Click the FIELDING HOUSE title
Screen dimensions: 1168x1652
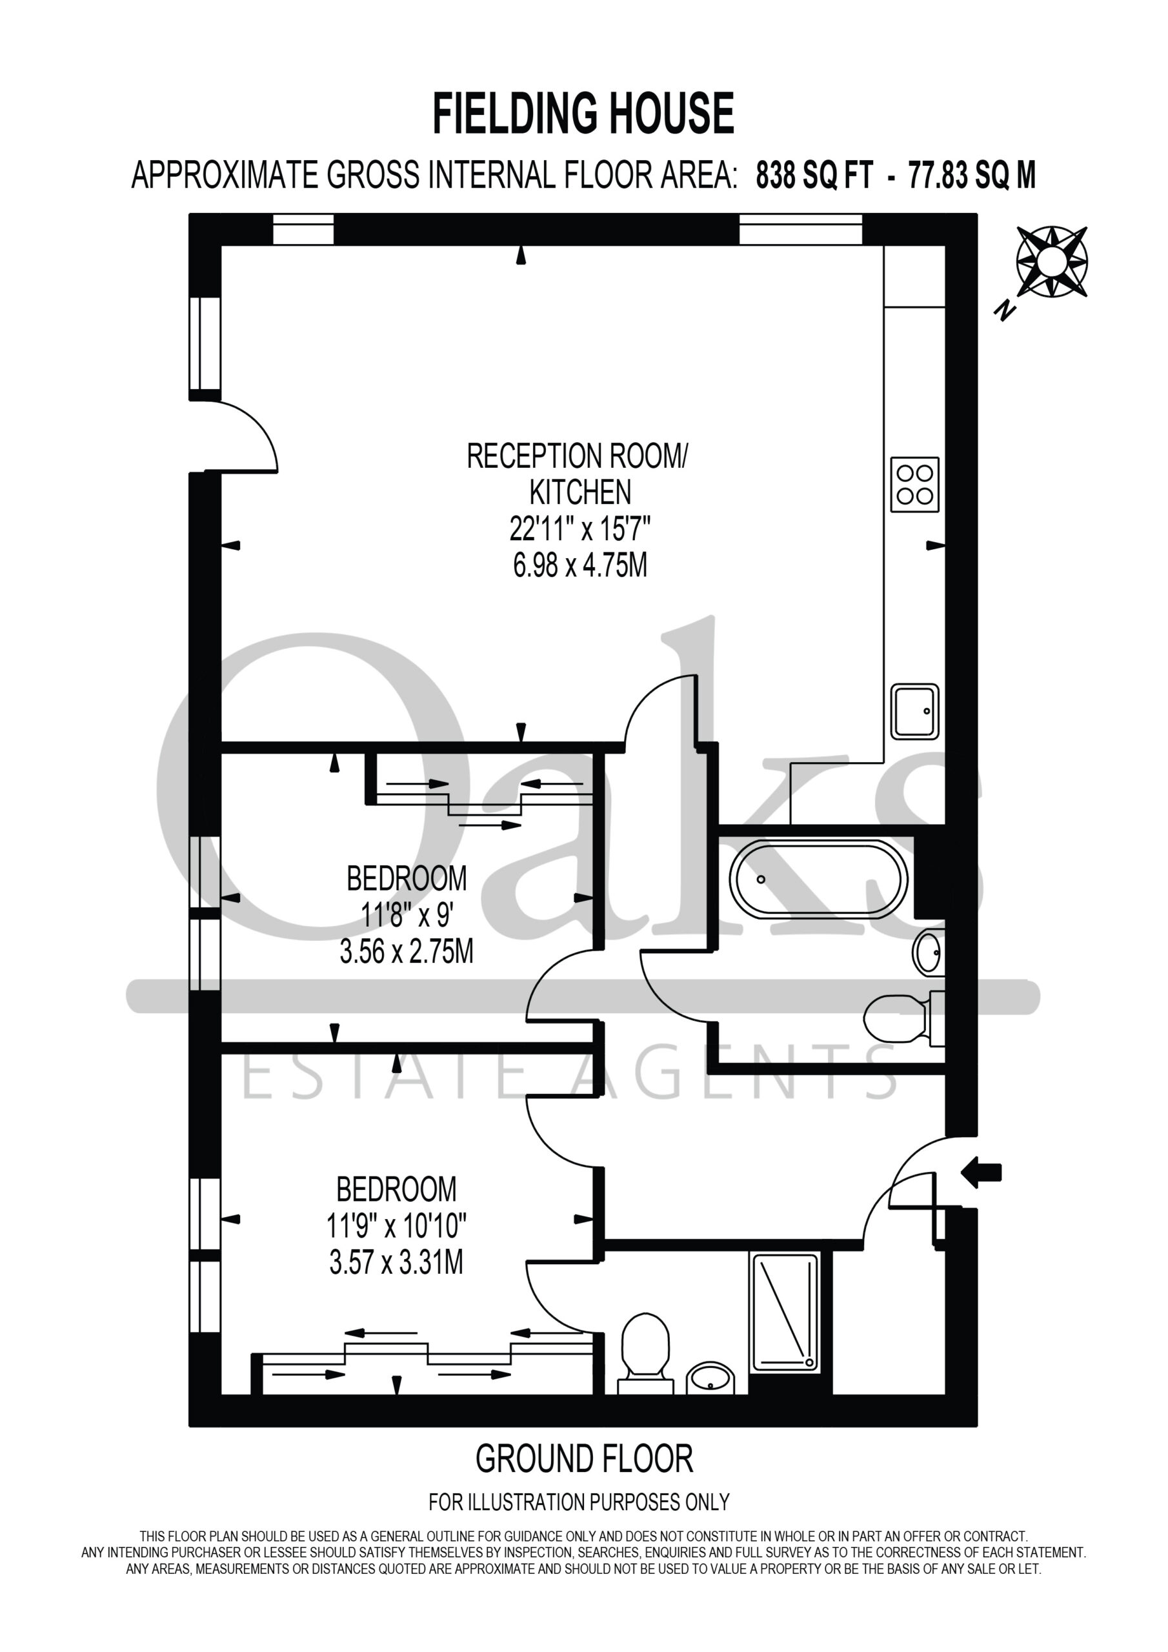[x=583, y=114]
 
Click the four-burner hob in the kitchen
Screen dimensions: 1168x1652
[x=914, y=484]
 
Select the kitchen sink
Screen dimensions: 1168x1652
[x=914, y=712]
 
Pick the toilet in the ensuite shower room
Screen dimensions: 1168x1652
[x=645, y=1353]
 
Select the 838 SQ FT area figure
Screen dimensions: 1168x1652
[x=814, y=175]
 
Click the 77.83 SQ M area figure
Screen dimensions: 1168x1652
[x=972, y=175]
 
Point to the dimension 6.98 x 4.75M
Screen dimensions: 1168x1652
[x=580, y=565]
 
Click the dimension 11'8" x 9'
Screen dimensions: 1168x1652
[x=407, y=916]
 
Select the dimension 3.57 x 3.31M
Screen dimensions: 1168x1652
[x=396, y=1262]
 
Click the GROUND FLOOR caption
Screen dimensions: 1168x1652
[x=583, y=1458]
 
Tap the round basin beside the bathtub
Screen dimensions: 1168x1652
[x=929, y=953]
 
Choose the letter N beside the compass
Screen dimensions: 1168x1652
[x=1004, y=310]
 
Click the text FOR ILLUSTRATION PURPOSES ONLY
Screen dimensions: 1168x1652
[x=579, y=1502]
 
